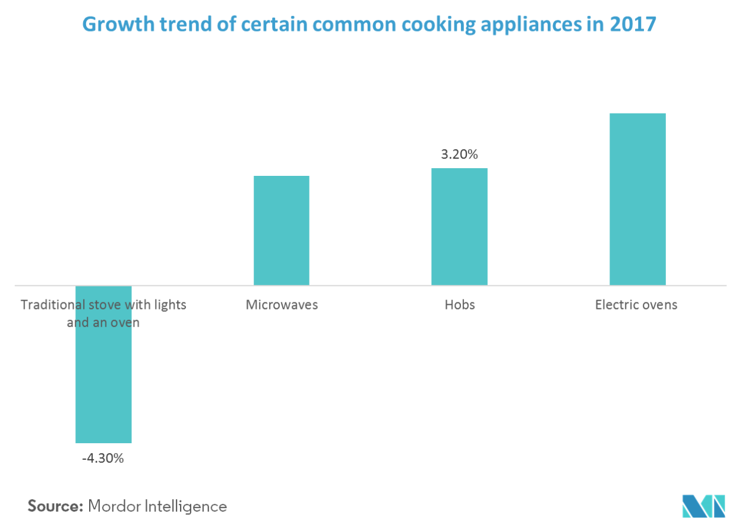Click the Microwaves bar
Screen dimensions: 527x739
[x=282, y=231]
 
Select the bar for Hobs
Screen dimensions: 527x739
[x=459, y=226]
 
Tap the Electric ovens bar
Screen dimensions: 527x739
[x=637, y=199]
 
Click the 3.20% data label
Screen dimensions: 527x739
[x=459, y=154]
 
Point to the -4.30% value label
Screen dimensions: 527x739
[x=103, y=458]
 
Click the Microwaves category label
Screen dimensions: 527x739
[x=282, y=305]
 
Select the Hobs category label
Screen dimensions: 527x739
[x=460, y=305]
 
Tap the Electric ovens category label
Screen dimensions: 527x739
[x=636, y=305]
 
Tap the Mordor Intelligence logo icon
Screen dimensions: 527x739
[x=703, y=505]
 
